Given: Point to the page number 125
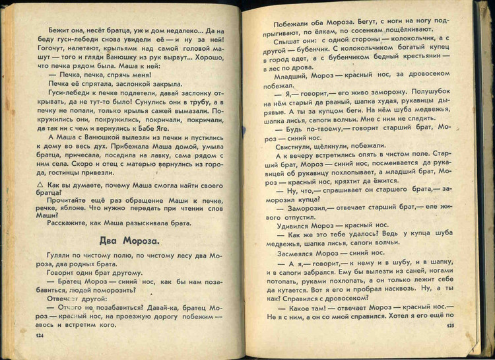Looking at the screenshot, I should (450, 326).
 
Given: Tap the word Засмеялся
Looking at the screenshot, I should (296, 252).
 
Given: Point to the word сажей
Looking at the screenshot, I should (173, 113).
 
